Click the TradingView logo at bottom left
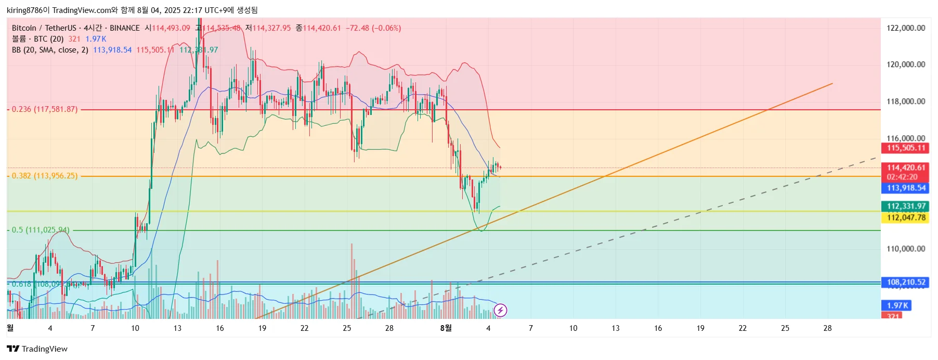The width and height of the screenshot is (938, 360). pos(37,349)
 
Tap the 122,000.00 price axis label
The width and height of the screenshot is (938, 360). pos(906,28)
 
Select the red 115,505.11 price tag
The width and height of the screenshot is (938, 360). pos(906,148)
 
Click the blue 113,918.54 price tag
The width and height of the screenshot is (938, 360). pos(906,188)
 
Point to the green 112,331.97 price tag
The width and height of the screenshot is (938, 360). pos(906,207)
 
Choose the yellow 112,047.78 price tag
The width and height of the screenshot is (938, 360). pos(906,217)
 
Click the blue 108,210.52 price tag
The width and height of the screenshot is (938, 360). pos(906,282)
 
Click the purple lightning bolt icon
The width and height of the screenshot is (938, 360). pos(500,311)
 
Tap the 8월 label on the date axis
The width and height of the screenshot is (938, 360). pos(446,328)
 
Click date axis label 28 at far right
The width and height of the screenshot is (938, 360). pos(827,328)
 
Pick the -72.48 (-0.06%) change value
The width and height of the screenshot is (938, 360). pos(373,28)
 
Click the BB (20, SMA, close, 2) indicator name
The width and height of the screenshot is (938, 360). pos(50,50)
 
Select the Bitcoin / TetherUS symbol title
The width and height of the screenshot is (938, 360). pos(44,28)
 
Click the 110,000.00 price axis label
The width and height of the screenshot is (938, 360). pos(906,249)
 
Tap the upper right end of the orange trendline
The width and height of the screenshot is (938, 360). pos(832,83)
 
